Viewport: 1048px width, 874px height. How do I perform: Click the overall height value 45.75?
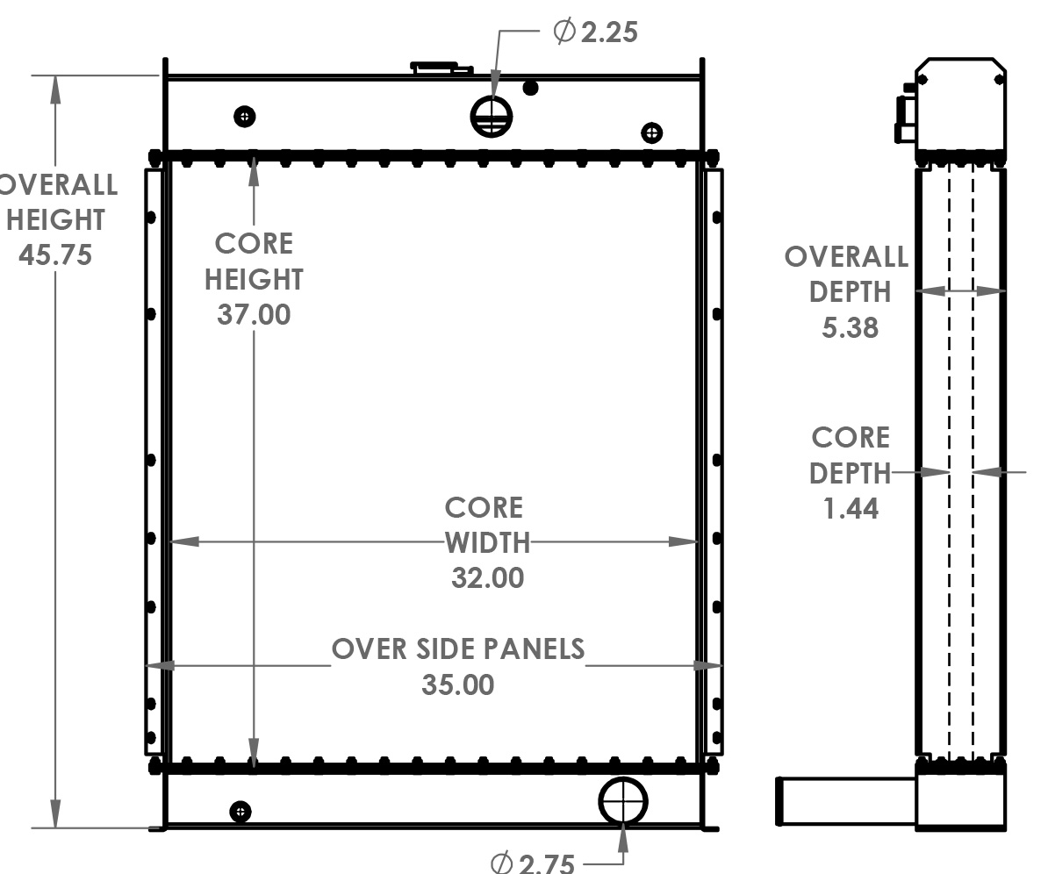(55, 255)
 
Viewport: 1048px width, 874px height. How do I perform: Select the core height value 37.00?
(254, 314)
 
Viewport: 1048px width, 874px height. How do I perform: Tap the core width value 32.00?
(487, 577)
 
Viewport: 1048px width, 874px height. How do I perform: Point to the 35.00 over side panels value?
(457, 684)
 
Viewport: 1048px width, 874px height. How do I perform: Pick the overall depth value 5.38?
(850, 327)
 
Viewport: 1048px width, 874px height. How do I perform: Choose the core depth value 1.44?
(851, 508)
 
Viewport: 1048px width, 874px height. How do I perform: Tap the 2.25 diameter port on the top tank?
(491, 117)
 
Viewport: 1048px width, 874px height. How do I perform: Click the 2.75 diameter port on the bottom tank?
(623, 801)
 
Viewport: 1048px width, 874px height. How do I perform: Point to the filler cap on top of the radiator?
(435, 66)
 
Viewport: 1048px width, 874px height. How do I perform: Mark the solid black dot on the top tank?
(529, 88)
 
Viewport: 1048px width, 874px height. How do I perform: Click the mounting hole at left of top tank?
(245, 116)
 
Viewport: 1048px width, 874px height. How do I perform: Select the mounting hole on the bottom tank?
(240, 811)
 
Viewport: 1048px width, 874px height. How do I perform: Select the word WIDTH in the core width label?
(487, 543)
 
